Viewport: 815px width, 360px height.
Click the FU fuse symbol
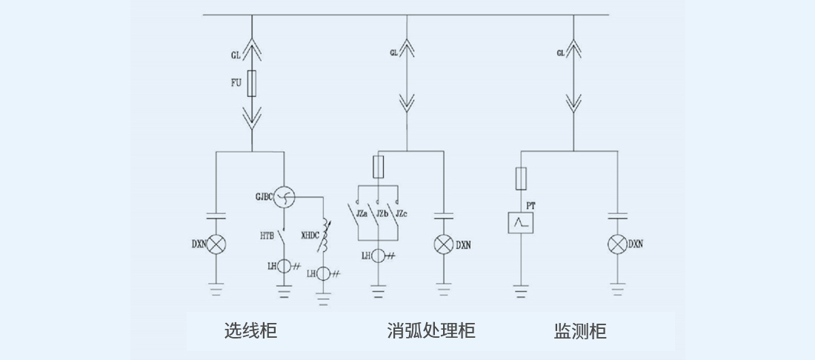252,84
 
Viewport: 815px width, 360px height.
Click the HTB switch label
267,236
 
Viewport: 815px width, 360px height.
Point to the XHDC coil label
310,236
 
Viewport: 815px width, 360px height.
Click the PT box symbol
521,222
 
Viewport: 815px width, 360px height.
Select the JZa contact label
362,214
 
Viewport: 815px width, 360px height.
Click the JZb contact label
382,214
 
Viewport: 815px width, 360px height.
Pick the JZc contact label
401,214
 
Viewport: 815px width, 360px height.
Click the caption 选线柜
250,330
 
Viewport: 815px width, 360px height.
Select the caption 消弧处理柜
430,330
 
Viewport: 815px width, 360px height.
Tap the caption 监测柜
580,330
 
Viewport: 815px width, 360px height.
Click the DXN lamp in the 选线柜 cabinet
216,244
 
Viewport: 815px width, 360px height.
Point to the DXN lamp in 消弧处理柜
443,244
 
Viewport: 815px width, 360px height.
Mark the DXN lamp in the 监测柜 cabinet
617,244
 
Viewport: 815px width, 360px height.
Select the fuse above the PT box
521,178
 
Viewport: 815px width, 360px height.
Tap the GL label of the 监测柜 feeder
561,53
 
